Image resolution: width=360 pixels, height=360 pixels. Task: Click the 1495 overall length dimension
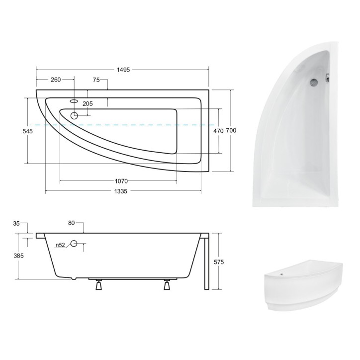pyautogui.click(x=123, y=70)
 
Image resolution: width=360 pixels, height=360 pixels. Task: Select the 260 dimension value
pyautogui.click(x=55, y=80)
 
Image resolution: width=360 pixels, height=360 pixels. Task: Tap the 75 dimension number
pyautogui.click(x=97, y=80)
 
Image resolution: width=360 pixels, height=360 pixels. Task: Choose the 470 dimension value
pyautogui.click(x=218, y=130)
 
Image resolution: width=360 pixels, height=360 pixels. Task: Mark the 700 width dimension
pyautogui.click(x=231, y=130)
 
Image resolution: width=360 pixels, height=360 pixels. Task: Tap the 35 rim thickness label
pyautogui.click(x=16, y=224)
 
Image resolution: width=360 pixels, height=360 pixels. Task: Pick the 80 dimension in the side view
pyautogui.click(x=71, y=224)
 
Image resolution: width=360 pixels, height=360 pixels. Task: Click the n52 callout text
pyautogui.click(x=60, y=245)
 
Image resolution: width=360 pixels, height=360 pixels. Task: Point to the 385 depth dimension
pyautogui.click(x=18, y=256)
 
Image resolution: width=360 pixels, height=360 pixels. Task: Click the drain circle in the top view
pyautogui.click(x=75, y=116)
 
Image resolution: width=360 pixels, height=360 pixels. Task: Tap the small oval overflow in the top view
pyautogui.click(x=75, y=101)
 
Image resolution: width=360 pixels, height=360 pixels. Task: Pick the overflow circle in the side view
pyautogui.click(x=75, y=244)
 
